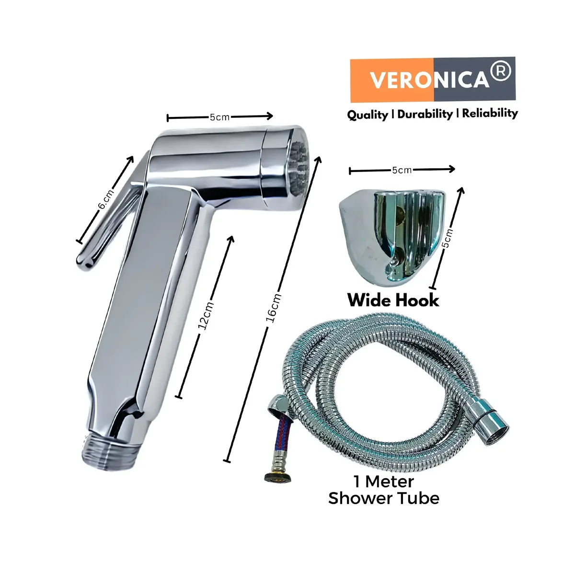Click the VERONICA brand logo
click(432, 80)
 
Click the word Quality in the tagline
click(368, 115)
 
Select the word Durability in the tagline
click(425, 115)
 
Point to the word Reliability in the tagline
click(490, 114)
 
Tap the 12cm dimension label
click(206, 316)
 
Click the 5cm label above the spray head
click(219, 117)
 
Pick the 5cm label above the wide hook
click(402, 171)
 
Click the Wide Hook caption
click(393, 300)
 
